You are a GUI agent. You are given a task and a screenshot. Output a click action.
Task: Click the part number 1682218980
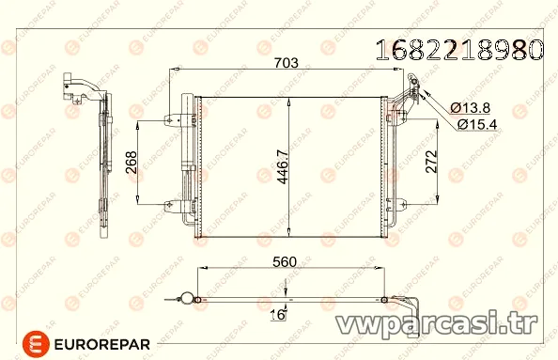pos(459,50)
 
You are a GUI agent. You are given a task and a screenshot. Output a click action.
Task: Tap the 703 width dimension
pos(287,63)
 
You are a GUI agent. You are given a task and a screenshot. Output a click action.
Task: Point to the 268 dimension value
pos(131,163)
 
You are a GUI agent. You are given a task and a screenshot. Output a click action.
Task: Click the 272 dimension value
pos(431,162)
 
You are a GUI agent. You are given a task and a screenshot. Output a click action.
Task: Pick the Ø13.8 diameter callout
pos(470,107)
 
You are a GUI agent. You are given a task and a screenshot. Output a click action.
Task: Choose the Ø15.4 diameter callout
pos(477,124)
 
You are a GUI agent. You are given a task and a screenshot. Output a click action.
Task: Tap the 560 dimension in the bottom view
pos(285,262)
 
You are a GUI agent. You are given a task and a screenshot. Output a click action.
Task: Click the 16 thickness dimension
pos(277,315)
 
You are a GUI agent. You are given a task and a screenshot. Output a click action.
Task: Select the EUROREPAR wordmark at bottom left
pos(101,344)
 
